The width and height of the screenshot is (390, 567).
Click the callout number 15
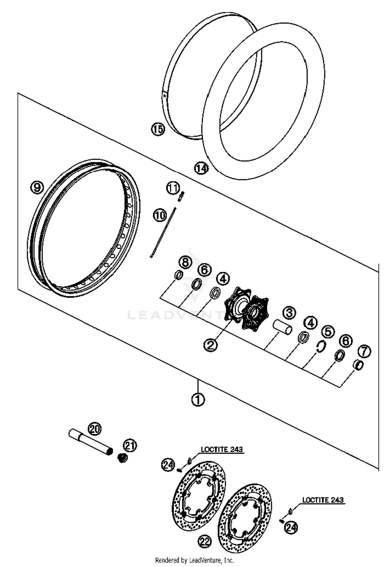tap(158, 129)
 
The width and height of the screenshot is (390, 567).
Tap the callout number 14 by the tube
tap(201, 168)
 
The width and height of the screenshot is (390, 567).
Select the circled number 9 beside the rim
tap(37, 187)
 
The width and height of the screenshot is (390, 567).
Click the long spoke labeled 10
tap(163, 232)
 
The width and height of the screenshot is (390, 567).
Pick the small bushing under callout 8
tap(178, 275)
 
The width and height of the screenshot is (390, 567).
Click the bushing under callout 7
tap(359, 365)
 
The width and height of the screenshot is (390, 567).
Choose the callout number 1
tap(198, 399)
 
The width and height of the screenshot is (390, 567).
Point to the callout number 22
tap(205, 542)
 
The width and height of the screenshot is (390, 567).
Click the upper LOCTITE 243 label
tap(222, 449)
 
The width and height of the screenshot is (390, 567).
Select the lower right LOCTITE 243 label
tap(323, 500)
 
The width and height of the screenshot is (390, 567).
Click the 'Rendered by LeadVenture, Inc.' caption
tap(195, 560)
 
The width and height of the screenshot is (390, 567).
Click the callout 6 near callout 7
tap(346, 341)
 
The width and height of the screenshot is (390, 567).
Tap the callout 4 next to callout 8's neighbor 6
tap(223, 279)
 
